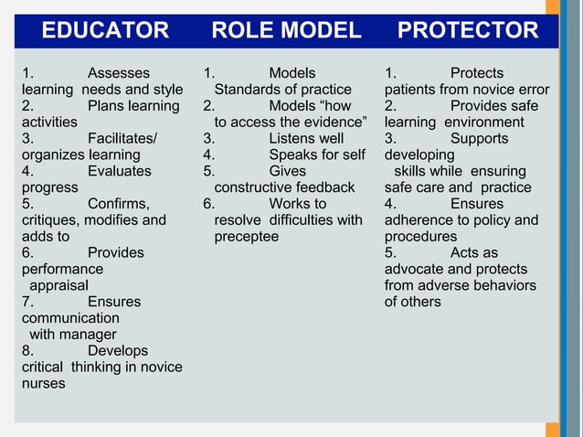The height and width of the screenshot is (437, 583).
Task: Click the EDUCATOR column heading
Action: [105, 31]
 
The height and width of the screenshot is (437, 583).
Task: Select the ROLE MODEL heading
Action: [286, 31]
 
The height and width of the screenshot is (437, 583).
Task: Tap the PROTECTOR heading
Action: [467, 31]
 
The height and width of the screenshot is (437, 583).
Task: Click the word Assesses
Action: [119, 73]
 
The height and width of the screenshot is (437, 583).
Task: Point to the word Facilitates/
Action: [122, 139]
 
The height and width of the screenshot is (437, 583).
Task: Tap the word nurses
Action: [44, 384]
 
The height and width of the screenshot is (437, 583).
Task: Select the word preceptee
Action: [247, 237]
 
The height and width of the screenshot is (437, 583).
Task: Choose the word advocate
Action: [414, 269]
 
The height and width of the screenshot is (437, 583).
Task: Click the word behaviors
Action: [505, 285]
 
